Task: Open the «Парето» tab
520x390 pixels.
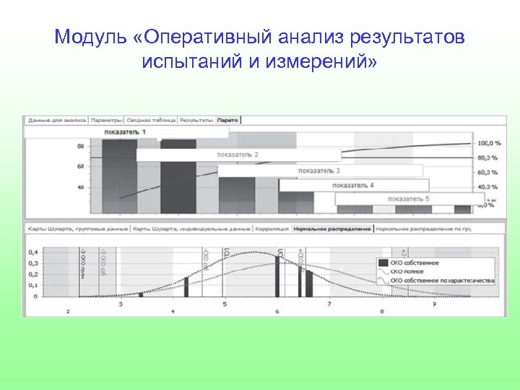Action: pyautogui.click(x=229, y=120)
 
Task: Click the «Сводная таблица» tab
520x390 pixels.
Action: pyautogui.click(x=151, y=120)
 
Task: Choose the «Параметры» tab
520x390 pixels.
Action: pyautogui.click(x=106, y=120)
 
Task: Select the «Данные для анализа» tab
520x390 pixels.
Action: pyautogui.click(x=57, y=120)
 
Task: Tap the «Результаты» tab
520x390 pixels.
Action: pyautogui.click(x=196, y=120)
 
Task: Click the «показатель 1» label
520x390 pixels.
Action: pyautogui.click(x=124, y=132)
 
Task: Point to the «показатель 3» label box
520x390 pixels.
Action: pyautogui.click(x=319, y=170)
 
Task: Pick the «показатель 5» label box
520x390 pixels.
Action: pyautogui.click(x=409, y=199)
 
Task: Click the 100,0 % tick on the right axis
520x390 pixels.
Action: pyautogui.click(x=489, y=143)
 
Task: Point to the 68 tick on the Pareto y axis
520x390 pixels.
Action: pyautogui.click(x=80, y=166)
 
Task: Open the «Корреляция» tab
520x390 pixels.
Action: pyautogui.click(x=272, y=228)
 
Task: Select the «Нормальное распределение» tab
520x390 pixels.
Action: pyautogui.click(x=332, y=228)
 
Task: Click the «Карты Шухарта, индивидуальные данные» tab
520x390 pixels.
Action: pyautogui.click(x=191, y=228)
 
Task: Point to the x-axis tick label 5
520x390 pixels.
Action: pyautogui.click(x=225, y=305)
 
